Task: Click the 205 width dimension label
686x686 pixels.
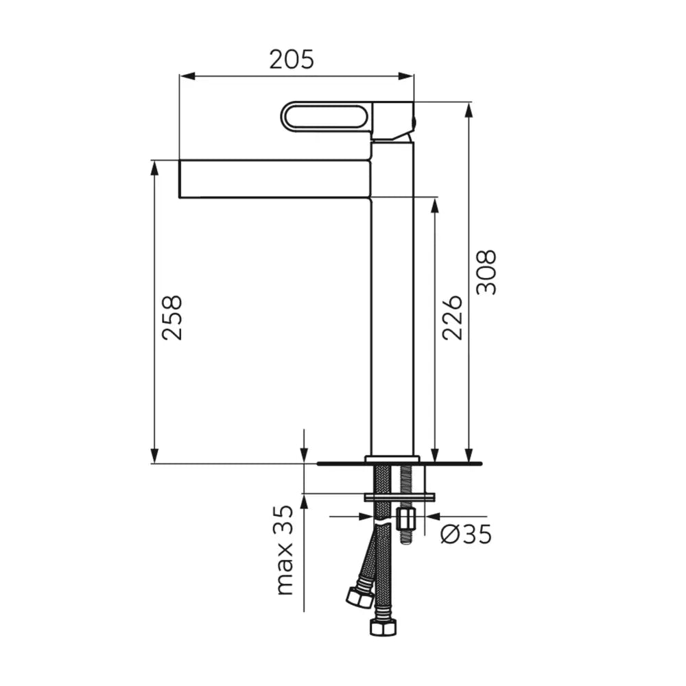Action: (292, 60)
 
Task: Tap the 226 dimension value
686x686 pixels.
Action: (452, 318)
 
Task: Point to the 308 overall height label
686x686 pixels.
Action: (486, 272)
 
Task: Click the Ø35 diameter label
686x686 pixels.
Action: (466, 534)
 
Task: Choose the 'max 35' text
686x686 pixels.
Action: (285, 550)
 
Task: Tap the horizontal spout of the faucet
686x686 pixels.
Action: (275, 179)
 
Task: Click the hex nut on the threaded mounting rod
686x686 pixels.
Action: (407, 519)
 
